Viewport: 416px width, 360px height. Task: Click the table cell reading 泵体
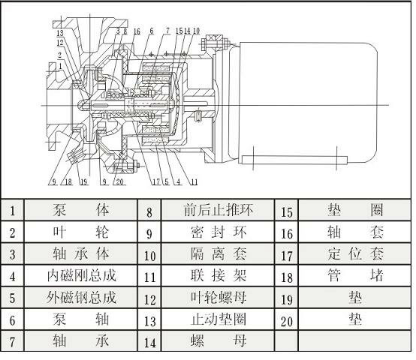(81, 210)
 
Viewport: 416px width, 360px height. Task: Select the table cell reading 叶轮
(81, 232)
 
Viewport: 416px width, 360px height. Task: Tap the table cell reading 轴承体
(81, 253)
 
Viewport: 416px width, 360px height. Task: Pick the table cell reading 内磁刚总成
(81, 276)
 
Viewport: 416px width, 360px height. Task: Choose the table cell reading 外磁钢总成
(81, 298)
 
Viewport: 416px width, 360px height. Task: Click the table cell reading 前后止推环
(218, 210)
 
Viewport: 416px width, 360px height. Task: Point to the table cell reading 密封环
(218, 232)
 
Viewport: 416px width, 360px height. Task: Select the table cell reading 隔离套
(218, 253)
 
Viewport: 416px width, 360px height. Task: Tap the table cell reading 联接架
(218, 276)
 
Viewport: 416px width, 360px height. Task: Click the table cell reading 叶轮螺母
(218, 298)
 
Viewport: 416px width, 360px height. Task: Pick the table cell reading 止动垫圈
(218, 319)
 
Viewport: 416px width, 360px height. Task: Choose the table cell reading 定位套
(355, 253)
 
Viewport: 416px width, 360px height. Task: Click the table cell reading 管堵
(355, 276)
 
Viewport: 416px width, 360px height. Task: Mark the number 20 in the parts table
(287, 322)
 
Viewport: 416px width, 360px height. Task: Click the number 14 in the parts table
(150, 343)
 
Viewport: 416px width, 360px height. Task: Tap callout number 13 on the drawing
(60, 33)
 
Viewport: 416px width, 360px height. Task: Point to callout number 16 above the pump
(137, 31)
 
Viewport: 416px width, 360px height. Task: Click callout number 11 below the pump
(194, 182)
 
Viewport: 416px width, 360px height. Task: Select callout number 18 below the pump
(68, 182)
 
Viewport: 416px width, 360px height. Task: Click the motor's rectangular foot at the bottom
(294, 160)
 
